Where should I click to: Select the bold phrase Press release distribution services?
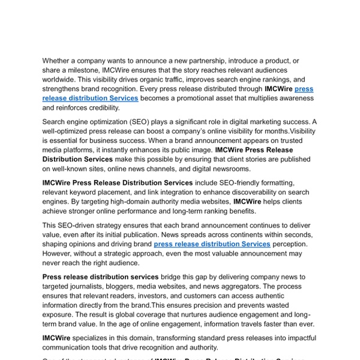(100, 277)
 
